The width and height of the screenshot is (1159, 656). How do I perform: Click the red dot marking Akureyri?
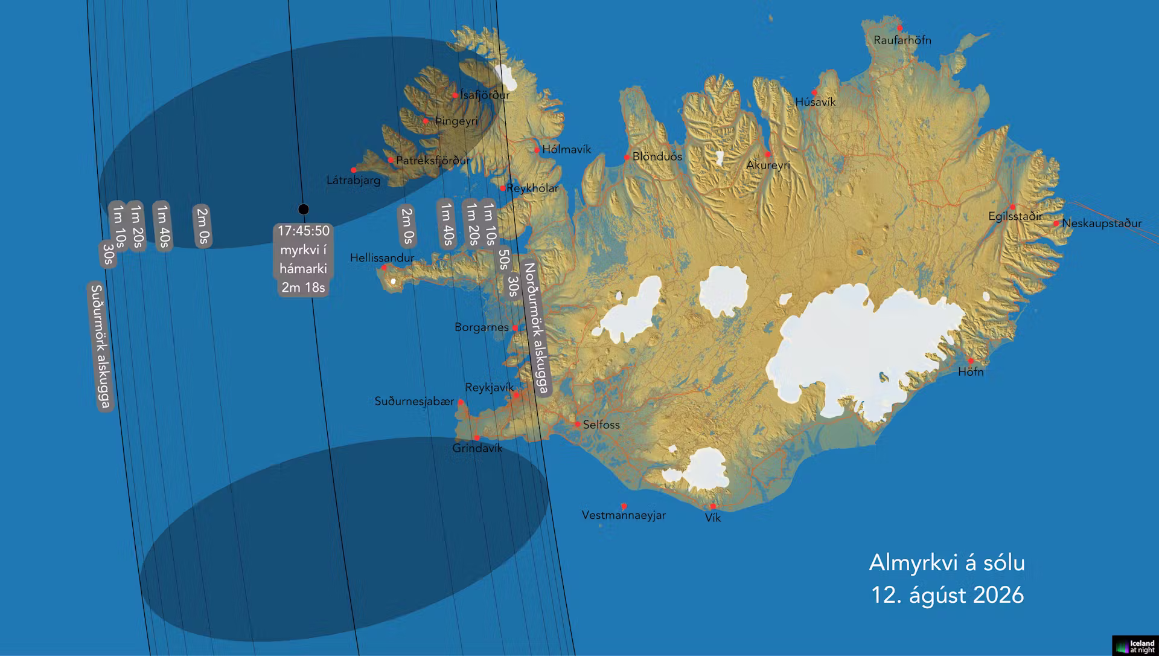pos(768,155)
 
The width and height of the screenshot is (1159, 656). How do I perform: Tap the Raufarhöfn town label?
pos(902,40)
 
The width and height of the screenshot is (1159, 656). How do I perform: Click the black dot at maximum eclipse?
pos(304,210)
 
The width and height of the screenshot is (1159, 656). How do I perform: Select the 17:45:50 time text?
pos(304,231)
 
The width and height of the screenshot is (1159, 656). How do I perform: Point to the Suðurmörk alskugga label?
pos(100,346)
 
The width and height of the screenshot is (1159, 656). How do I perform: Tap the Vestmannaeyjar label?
pos(624,515)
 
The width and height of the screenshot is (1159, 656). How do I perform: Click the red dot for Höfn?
pos(971,361)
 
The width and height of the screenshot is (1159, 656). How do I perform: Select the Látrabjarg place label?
pos(353,180)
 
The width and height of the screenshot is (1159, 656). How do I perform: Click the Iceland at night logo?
pos(1135,646)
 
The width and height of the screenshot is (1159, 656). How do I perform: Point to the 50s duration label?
pos(503,260)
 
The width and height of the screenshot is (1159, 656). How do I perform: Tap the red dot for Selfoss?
pos(578,424)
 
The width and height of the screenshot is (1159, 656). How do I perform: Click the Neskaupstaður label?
pos(1102,223)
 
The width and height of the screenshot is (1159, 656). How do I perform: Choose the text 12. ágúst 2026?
pos(947,595)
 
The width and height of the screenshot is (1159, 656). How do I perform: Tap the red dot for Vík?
pos(712,506)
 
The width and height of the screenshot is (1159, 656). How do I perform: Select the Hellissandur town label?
pos(382,258)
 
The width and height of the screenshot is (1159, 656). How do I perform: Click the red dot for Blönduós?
pos(627,157)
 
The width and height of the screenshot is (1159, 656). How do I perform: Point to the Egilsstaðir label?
pos(1015,216)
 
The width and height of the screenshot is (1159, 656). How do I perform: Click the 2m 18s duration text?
pos(304,288)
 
